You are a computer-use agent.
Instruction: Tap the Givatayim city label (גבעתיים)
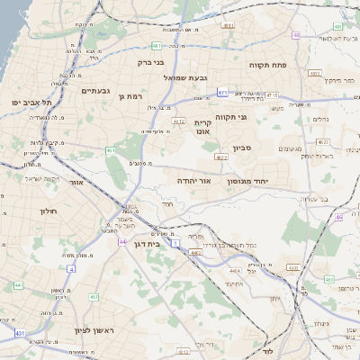(x=95, y=91)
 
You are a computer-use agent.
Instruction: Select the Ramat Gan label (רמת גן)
(x=130, y=95)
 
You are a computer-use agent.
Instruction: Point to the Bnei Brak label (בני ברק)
(x=151, y=63)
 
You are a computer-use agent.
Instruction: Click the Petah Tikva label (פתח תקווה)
(x=267, y=66)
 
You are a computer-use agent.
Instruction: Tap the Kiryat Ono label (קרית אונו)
(x=202, y=127)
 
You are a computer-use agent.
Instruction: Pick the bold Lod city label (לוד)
(x=267, y=351)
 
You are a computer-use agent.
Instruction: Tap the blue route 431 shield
(x=20, y=334)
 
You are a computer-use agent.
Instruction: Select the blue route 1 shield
(x=175, y=244)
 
